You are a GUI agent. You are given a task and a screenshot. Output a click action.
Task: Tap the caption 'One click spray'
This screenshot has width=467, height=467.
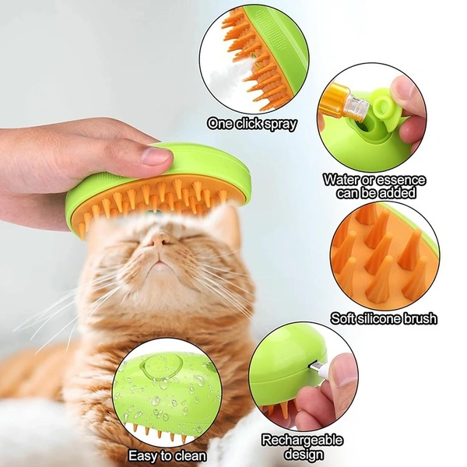click(252, 123)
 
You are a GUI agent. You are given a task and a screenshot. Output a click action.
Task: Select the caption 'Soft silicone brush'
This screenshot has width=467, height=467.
click(384, 318)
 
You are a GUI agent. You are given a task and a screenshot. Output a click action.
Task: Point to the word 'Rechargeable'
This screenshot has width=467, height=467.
click(302, 441)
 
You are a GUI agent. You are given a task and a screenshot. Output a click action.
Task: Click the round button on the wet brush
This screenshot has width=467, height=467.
click(160, 364)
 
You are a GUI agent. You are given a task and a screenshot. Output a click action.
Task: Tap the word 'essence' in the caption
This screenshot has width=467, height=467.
click(399, 180)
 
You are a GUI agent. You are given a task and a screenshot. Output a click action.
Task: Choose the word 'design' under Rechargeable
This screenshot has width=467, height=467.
click(302, 453)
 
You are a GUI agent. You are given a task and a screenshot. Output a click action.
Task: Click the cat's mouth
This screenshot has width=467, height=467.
click(159, 268)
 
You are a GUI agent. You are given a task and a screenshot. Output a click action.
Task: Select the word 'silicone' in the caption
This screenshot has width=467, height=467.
click(381, 318)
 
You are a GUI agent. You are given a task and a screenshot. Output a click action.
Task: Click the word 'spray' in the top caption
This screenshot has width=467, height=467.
click(278, 123)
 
